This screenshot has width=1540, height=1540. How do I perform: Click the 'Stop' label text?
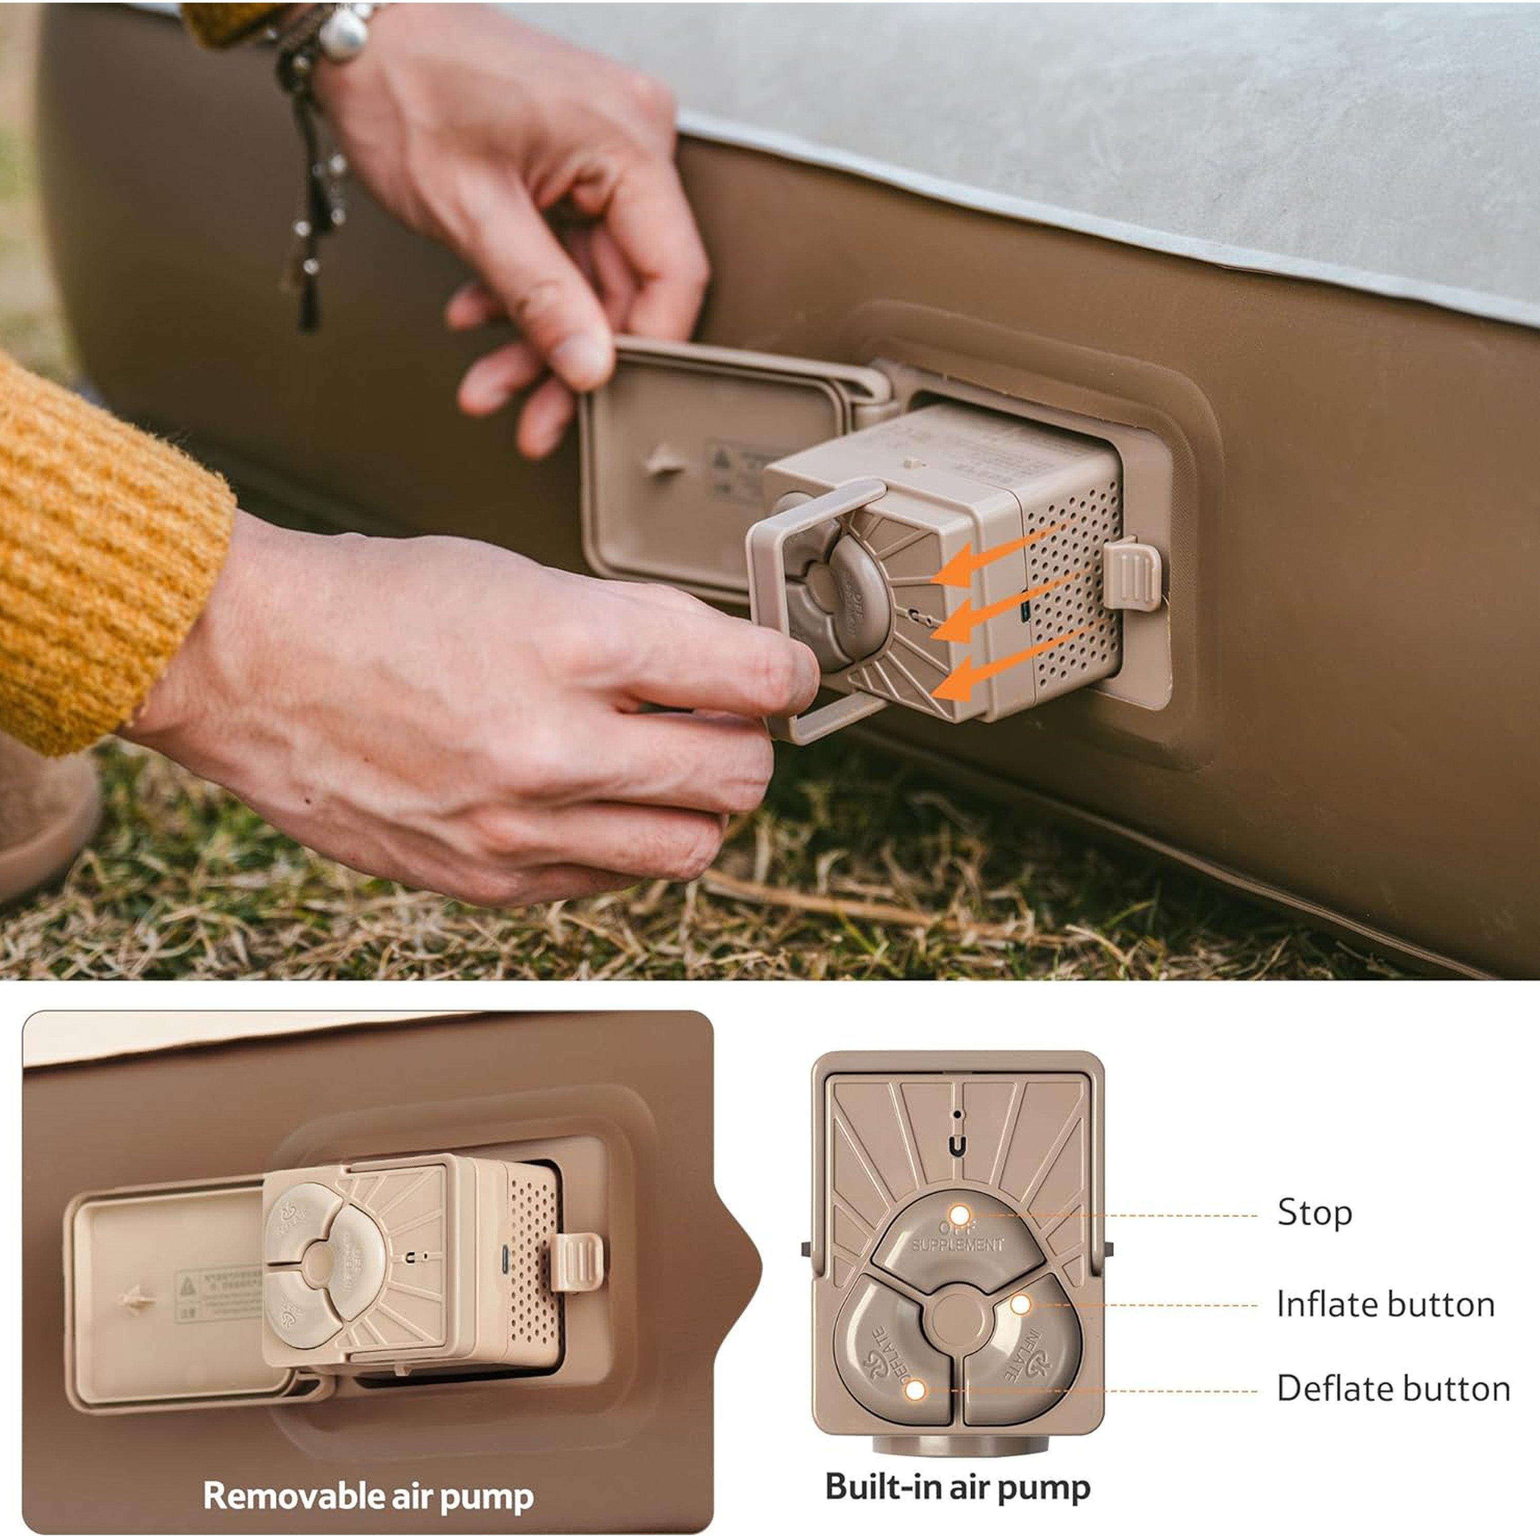pos(1315,1212)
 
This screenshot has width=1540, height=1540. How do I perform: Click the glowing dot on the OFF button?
pos(960,1215)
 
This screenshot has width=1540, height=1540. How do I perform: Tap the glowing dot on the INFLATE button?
pos(1021,1305)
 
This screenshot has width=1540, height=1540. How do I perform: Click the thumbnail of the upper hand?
pos(583,359)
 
